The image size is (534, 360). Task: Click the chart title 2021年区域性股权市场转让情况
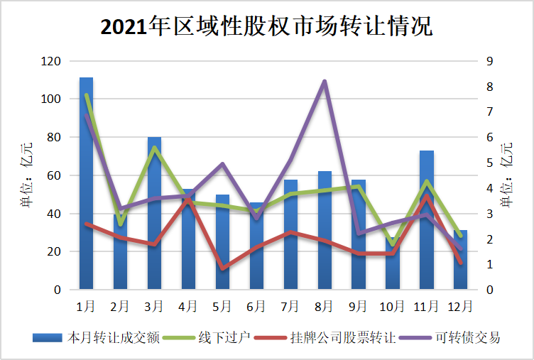pyautogui.click(x=266, y=27)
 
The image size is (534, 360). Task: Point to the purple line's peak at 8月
pyautogui.click(x=325, y=81)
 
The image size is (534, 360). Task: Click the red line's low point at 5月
pyautogui.click(x=223, y=269)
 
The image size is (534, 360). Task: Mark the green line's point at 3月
pyautogui.click(x=154, y=148)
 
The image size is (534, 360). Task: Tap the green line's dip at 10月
pyautogui.click(x=393, y=244)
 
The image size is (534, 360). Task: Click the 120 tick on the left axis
pyautogui.click(x=50, y=61)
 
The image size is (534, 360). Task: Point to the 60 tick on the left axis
pyautogui.click(x=53, y=175)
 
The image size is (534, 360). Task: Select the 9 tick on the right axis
pyautogui.click(x=489, y=61)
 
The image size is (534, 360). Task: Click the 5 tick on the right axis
pyautogui.click(x=489, y=163)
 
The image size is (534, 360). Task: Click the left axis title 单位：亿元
pyautogui.click(x=26, y=175)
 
